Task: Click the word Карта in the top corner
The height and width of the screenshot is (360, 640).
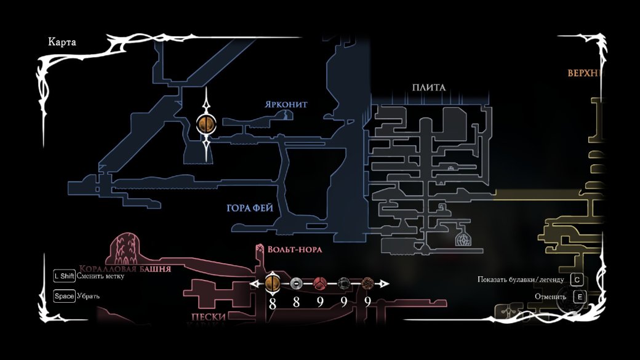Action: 62,42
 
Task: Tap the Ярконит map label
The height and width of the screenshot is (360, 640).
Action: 286,105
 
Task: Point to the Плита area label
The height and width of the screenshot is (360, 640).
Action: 429,87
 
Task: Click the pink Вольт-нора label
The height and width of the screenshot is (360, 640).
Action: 294,250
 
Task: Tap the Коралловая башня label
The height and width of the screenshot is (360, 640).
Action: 125,269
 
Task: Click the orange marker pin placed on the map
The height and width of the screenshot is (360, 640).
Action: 206,124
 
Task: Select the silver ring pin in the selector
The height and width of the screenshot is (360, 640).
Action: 296,284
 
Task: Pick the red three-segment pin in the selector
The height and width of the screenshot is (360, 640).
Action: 320,284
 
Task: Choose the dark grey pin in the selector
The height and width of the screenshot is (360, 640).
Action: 344,284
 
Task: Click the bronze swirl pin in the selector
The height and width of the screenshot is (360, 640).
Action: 367,284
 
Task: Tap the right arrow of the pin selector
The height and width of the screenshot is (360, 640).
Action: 385,284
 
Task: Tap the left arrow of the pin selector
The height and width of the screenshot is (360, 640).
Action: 253,284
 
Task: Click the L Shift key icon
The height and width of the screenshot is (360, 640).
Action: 64,276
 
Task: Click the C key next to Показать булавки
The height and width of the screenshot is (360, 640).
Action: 577,279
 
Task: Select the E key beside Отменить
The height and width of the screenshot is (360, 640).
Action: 578,297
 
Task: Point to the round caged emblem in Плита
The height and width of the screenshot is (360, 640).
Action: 462,239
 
